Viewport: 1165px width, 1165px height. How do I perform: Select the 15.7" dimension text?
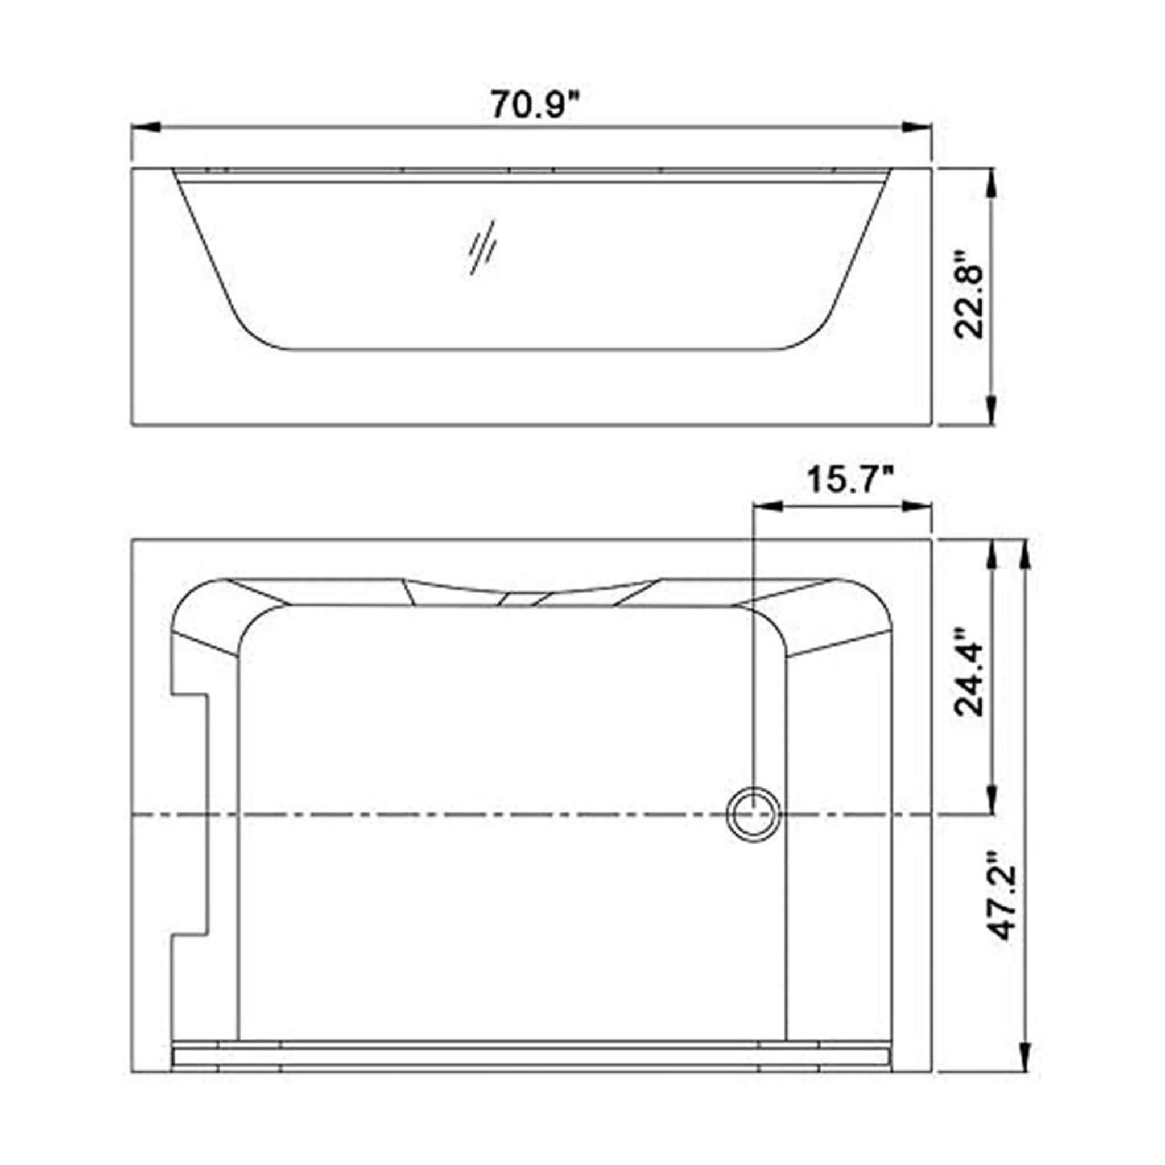(850, 480)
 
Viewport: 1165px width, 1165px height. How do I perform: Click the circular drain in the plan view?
(754, 814)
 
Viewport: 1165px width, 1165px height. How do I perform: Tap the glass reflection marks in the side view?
(483, 248)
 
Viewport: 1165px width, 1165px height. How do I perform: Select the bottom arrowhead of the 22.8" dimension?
(993, 412)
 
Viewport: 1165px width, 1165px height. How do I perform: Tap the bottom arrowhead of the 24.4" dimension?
(993, 800)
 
